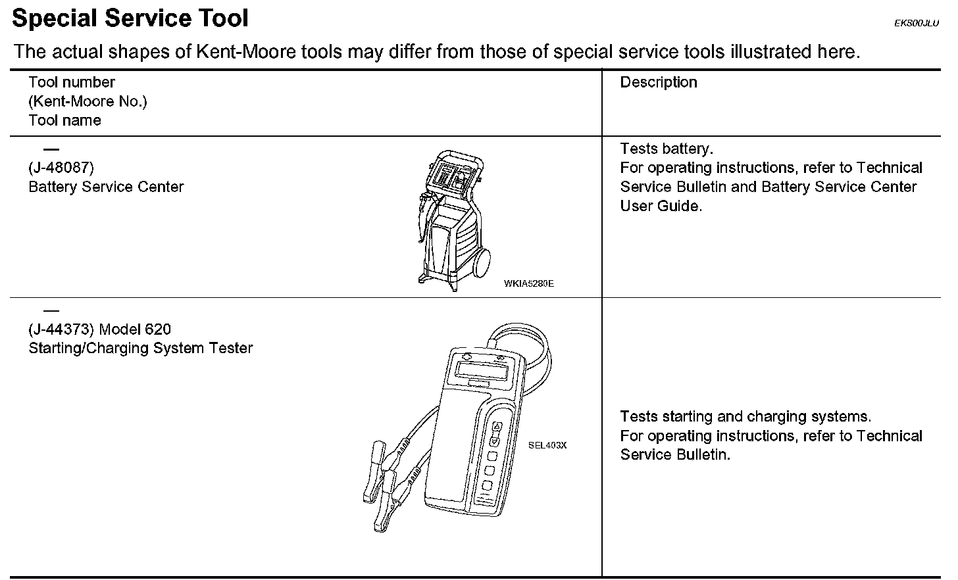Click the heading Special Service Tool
[130, 18]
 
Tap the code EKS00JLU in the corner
[916, 23]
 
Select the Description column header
[659, 82]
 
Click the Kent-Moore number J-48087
[61, 168]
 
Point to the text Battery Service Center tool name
[106, 187]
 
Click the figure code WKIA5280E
[528, 283]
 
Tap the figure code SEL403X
[547, 445]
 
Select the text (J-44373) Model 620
[100, 329]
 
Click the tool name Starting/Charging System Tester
[140, 348]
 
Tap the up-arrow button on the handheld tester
[497, 426]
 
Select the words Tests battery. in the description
[667, 149]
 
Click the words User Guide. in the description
[661, 206]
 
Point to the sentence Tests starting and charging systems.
[745, 416]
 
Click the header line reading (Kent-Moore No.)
[88, 101]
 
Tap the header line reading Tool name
[64, 120]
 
